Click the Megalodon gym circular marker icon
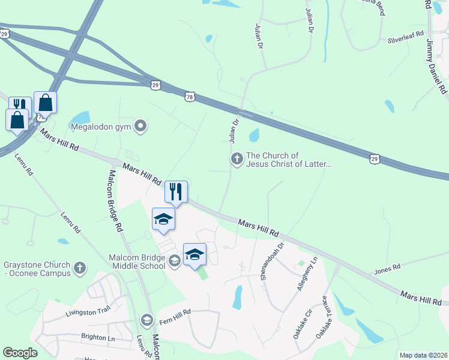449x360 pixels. pos(141,126)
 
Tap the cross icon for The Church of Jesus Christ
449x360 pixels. pos(237,159)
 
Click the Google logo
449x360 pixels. pos(20,353)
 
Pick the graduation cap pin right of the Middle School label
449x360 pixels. pos(194,255)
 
